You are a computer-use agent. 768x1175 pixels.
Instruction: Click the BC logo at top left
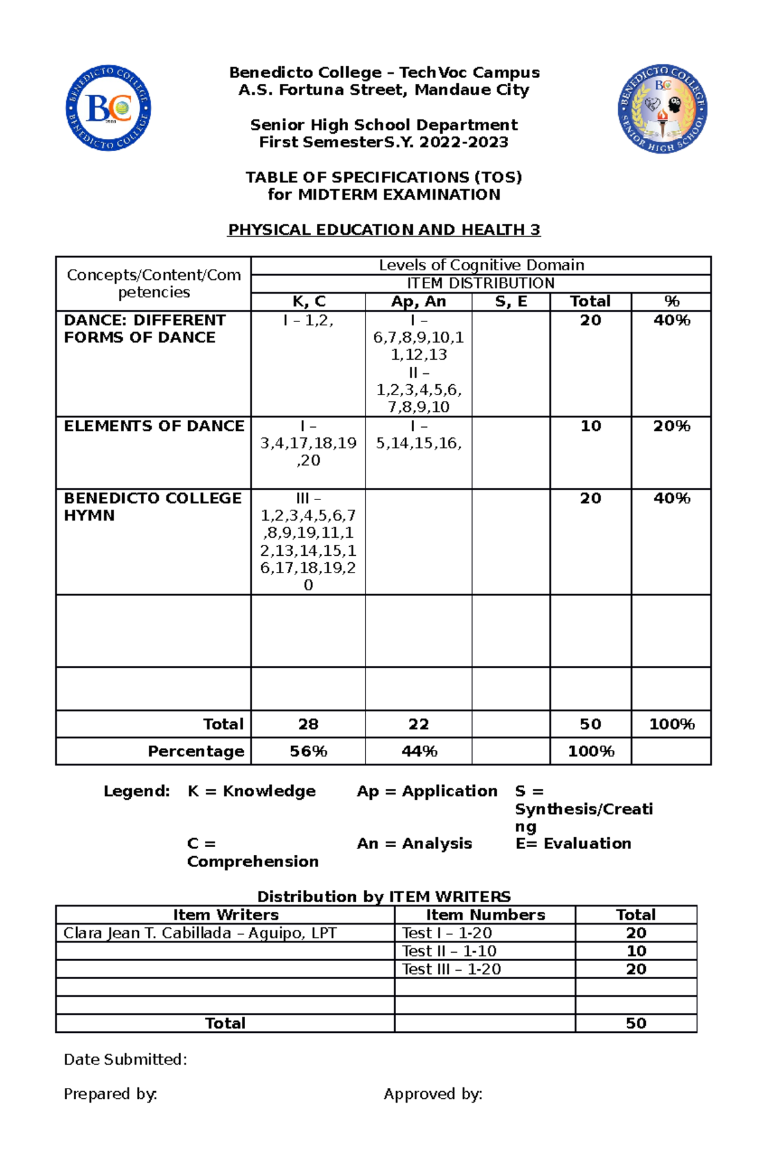(x=109, y=108)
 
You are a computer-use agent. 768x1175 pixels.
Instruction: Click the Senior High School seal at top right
(x=662, y=109)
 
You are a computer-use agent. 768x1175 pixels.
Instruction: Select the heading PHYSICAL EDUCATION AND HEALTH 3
(x=384, y=230)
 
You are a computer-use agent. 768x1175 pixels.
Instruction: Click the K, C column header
(x=308, y=302)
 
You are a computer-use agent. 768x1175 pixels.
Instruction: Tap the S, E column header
(x=511, y=302)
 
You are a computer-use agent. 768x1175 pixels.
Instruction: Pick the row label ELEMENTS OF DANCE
(x=154, y=426)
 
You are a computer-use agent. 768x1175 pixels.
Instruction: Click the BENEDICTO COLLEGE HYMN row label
(x=152, y=506)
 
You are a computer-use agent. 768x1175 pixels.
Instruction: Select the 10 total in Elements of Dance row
(x=590, y=426)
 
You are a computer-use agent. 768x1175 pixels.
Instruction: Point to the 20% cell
(x=671, y=426)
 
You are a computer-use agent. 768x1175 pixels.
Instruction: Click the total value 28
(x=308, y=724)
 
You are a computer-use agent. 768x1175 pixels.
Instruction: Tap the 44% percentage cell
(x=419, y=751)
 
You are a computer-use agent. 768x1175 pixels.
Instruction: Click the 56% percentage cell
(x=308, y=751)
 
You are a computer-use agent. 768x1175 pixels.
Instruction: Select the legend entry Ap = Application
(x=427, y=791)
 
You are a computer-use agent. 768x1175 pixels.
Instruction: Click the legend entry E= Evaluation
(x=573, y=844)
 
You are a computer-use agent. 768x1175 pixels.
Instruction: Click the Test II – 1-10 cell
(x=449, y=951)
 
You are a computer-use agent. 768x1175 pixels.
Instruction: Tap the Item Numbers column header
(x=485, y=915)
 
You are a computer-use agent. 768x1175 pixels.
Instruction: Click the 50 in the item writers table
(x=636, y=1023)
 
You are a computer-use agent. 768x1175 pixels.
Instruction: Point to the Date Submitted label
(x=125, y=1060)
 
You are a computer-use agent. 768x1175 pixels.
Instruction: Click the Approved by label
(x=433, y=1094)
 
